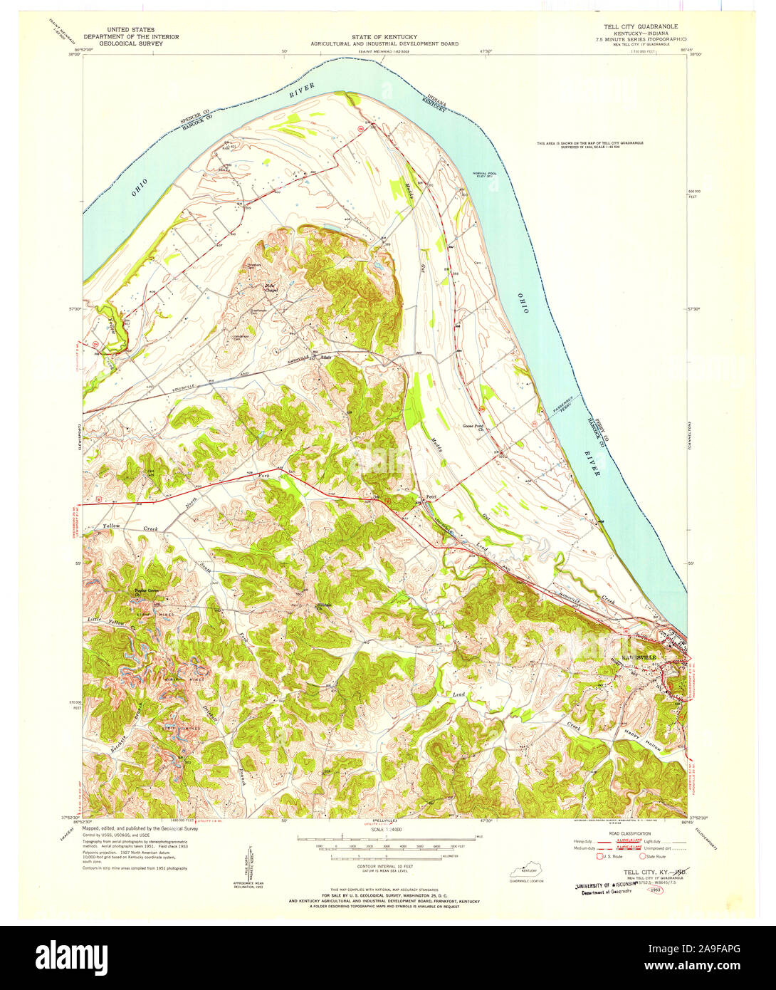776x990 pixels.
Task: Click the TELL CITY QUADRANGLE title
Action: (x=631, y=26)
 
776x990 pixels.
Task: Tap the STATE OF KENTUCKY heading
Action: (x=384, y=37)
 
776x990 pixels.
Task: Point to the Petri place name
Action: (x=430, y=496)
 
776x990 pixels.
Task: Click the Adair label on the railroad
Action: (x=326, y=358)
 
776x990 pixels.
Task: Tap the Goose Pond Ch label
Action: (x=473, y=429)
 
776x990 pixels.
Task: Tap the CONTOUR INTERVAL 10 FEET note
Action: (x=384, y=861)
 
